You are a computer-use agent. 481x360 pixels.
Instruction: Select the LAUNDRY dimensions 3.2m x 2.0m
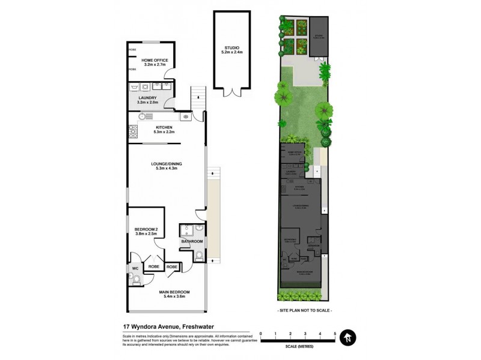(x=147, y=103)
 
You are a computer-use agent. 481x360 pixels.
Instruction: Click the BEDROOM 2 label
(x=146, y=230)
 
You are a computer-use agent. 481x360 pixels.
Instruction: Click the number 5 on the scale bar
(x=335, y=334)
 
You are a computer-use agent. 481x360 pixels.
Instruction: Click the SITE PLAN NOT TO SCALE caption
(x=305, y=310)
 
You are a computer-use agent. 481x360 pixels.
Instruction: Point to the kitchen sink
(x=186, y=116)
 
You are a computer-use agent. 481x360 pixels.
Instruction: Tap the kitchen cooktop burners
(x=132, y=131)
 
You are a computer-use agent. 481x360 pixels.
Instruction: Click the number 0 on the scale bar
(x=260, y=334)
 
